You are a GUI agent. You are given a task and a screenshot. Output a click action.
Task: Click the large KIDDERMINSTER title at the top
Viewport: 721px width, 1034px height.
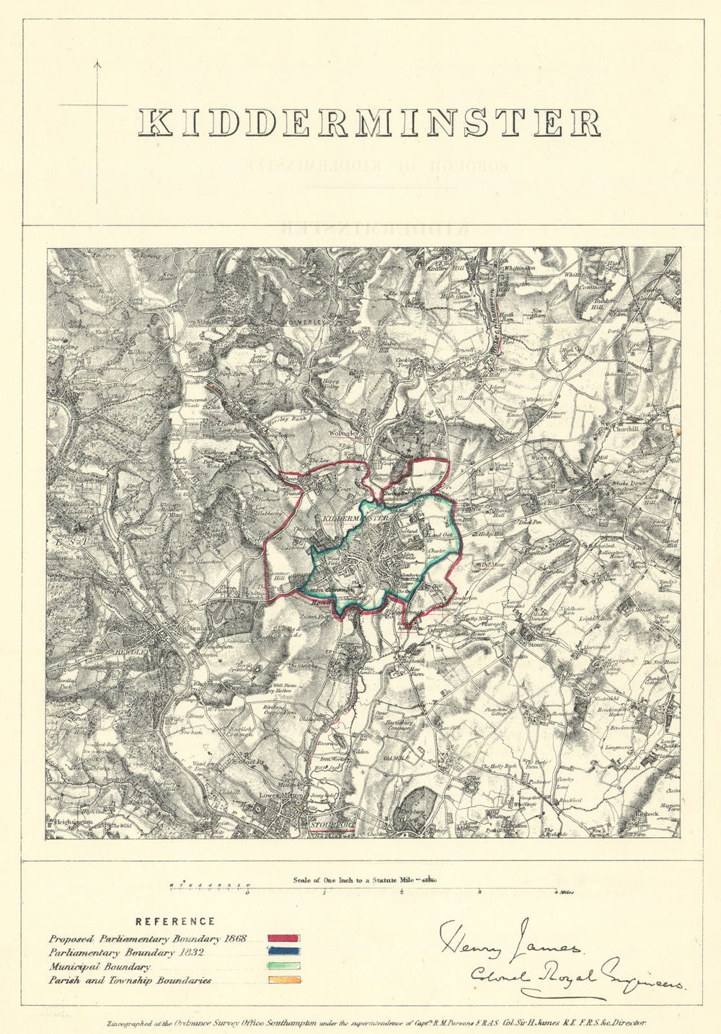tap(368, 122)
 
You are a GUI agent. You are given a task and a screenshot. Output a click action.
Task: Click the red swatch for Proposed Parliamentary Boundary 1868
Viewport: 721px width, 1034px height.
tap(283, 939)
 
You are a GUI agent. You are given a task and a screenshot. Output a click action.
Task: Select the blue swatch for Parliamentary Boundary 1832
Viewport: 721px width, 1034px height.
tap(283, 953)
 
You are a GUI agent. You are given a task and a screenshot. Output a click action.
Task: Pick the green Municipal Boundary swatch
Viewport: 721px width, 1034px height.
tap(283, 966)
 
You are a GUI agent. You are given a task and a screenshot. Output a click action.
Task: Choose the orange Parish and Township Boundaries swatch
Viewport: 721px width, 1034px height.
tap(283, 980)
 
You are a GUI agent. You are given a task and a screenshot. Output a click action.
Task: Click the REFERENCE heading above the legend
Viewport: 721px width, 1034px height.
tap(175, 921)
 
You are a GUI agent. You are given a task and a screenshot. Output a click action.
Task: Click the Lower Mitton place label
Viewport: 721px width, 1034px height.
tap(278, 796)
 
